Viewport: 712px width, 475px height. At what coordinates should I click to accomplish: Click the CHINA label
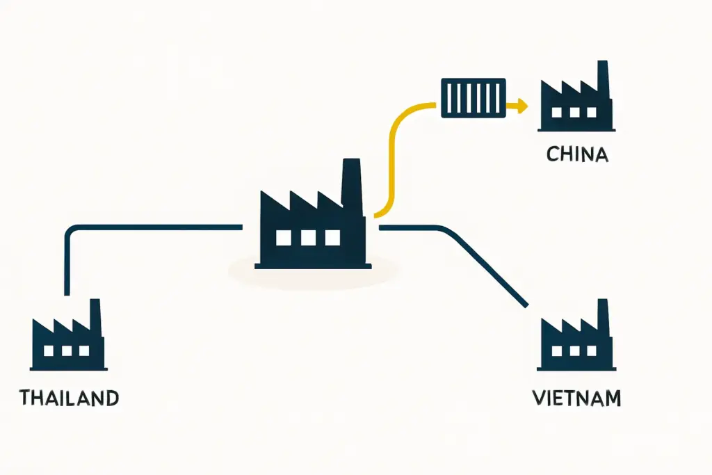(577, 154)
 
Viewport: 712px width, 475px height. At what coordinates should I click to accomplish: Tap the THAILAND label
(70, 398)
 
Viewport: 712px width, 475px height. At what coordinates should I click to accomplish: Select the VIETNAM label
(576, 398)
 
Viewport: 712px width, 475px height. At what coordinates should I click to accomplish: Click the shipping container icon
(473, 97)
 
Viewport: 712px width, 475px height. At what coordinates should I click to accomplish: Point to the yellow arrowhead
(521, 106)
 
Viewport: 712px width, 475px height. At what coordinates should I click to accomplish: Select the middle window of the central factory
(308, 237)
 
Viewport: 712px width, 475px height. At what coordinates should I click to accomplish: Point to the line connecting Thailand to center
(139, 227)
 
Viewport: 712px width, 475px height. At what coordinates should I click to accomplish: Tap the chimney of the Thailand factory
(95, 315)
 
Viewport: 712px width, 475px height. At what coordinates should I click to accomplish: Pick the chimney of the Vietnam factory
(604, 315)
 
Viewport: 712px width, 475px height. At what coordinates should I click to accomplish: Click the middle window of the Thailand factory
(67, 351)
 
